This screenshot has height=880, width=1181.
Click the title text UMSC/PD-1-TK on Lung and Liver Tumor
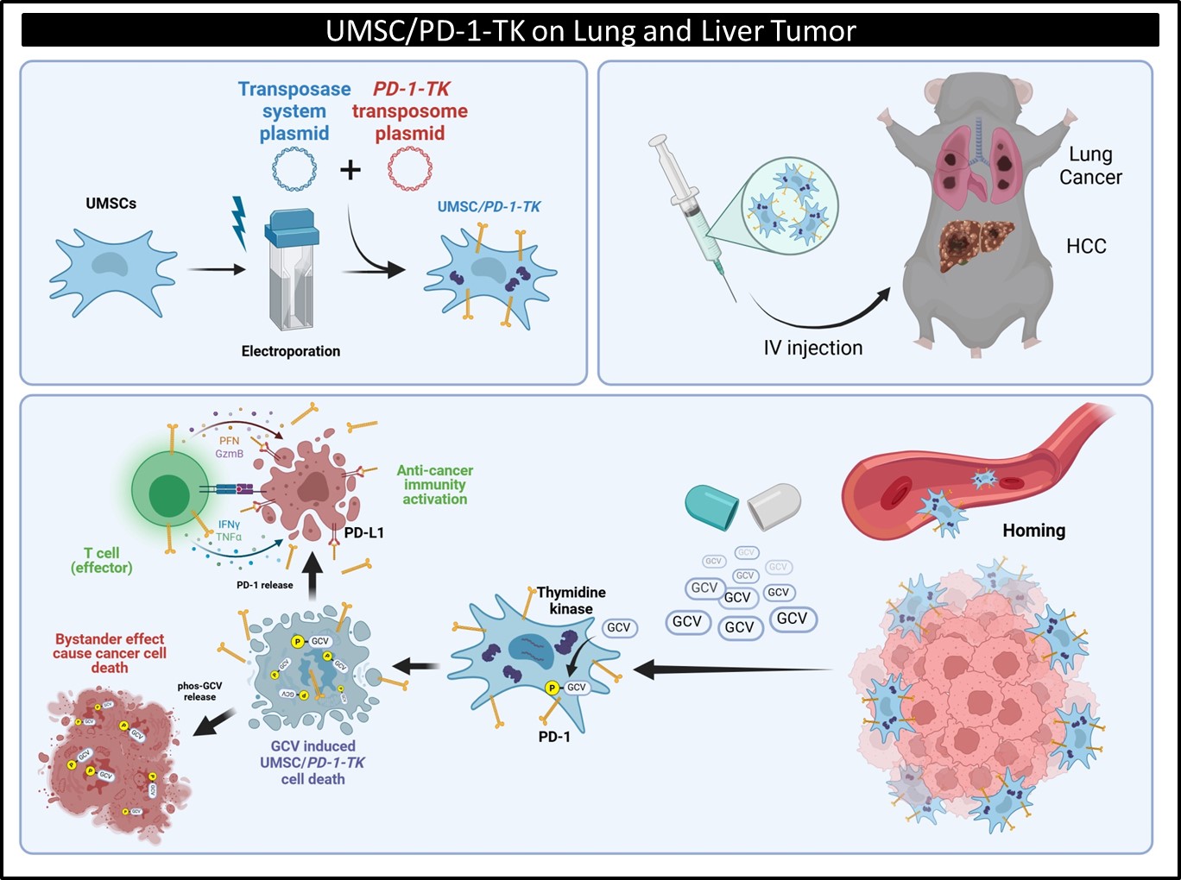pyautogui.click(x=590, y=31)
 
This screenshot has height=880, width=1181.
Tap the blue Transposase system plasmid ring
pyautogui.click(x=294, y=168)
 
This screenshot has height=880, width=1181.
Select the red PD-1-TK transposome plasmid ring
pyautogui.click(x=409, y=168)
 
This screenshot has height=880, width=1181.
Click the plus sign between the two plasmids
pyautogui.click(x=351, y=169)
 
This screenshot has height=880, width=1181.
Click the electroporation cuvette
pyautogui.click(x=291, y=272)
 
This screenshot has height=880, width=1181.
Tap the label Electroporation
pyautogui.click(x=291, y=351)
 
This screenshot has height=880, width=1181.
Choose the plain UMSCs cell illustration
pyautogui.click(x=112, y=271)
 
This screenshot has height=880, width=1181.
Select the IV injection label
pyautogui.click(x=812, y=348)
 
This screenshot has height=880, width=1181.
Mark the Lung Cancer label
pyautogui.click(x=1090, y=166)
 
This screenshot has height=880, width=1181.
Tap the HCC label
pyautogui.click(x=1085, y=247)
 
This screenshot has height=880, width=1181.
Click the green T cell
pyautogui.click(x=169, y=493)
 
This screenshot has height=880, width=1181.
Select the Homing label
pyautogui.click(x=1033, y=531)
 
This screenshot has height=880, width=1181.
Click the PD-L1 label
pyautogui.click(x=363, y=532)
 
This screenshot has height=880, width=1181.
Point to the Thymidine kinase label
pyautogui.click(x=571, y=600)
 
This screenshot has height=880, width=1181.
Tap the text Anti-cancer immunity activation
pyautogui.click(x=435, y=485)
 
